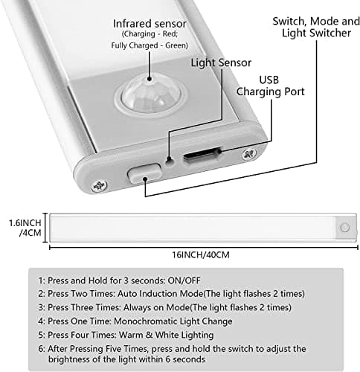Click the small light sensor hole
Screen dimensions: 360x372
click(x=170, y=162)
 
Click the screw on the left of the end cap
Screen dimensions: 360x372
click(x=99, y=186)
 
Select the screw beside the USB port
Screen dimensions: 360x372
click(x=248, y=154)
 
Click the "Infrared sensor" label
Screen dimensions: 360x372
click(x=150, y=24)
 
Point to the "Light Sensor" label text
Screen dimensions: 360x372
click(x=221, y=62)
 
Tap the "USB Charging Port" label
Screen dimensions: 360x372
click(x=270, y=86)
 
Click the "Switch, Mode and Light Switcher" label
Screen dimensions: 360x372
click(x=316, y=27)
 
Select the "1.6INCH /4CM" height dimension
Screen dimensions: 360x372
click(x=25, y=228)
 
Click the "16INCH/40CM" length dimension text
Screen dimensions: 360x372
click(x=201, y=254)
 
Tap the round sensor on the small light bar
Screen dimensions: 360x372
click(x=345, y=228)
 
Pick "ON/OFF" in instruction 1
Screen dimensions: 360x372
click(x=184, y=280)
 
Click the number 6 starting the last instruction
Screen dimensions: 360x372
click(x=41, y=349)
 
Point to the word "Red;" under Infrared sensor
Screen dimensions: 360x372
click(x=170, y=33)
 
